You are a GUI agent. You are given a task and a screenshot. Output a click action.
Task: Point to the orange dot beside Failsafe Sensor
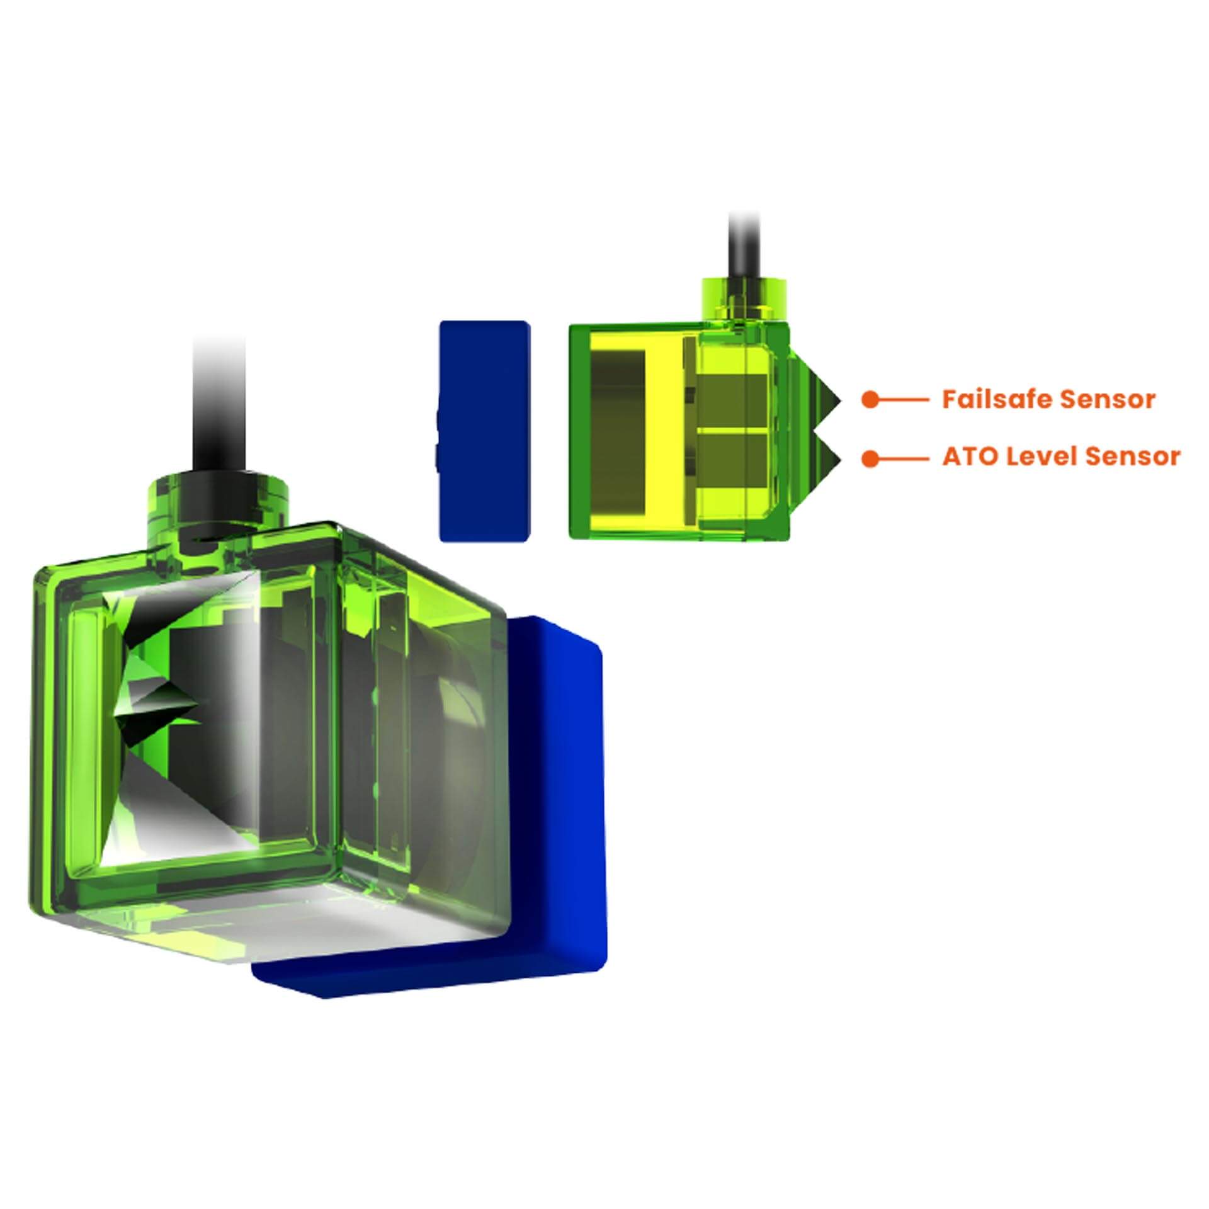pyautogui.click(x=870, y=399)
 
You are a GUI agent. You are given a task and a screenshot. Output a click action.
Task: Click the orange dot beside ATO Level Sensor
pyautogui.click(x=870, y=458)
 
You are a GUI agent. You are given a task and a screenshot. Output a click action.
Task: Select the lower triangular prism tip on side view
pyautogui.click(x=840, y=458)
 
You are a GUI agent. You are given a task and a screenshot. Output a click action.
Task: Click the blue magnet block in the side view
pyautogui.click(x=484, y=431)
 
